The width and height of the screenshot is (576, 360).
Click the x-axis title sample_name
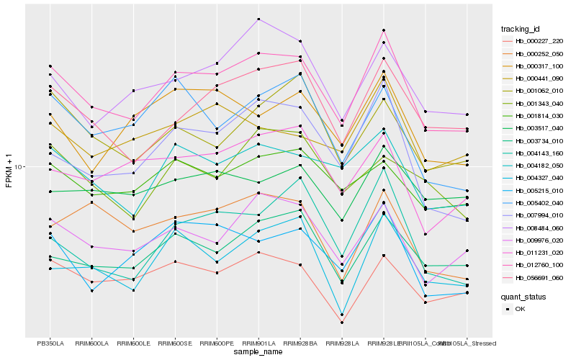(x=258, y=352)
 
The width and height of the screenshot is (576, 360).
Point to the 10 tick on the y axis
(x=19, y=166)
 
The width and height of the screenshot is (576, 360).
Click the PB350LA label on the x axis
(x=50, y=343)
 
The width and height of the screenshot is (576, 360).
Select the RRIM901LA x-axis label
(x=258, y=343)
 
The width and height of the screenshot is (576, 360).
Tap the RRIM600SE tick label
(x=175, y=343)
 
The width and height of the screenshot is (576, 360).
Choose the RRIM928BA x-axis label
(x=300, y=343)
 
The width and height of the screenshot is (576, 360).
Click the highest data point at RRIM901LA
(x=258, y=19)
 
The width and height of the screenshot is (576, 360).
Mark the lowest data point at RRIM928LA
(x=342, y=323)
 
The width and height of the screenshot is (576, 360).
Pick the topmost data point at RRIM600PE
(x=217, y=63)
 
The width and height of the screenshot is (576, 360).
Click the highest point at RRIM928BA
(x=300, y=41)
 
